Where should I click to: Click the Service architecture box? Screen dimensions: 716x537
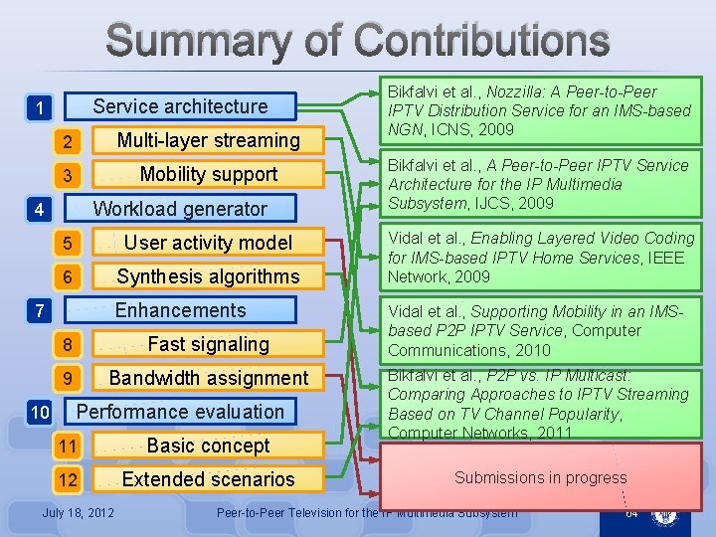pos(180,106)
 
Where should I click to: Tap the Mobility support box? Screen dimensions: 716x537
pos(208,174)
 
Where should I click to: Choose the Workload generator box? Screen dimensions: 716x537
pos(180,209)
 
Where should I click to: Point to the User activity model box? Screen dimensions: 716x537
pos(208,243)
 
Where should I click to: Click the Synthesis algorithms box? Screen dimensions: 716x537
pos(208,276)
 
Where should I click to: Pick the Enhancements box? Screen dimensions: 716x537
pos(180,310)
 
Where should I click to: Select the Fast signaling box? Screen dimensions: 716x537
pos(208,344)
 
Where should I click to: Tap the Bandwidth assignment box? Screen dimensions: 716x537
pos(208,378)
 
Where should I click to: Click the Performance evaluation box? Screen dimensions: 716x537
pos(180,412)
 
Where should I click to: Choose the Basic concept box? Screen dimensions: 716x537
pos(208,446)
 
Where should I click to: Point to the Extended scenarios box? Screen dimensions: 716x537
pos(208,479)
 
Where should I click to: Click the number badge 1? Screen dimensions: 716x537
pos(38,107)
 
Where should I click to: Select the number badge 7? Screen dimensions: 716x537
pos(38,311)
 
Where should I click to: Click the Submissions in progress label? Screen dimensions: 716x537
pos(540,477)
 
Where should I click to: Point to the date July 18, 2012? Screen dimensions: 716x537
pos(78,513)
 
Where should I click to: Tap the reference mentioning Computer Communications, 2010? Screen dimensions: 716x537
pos(541,330)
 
